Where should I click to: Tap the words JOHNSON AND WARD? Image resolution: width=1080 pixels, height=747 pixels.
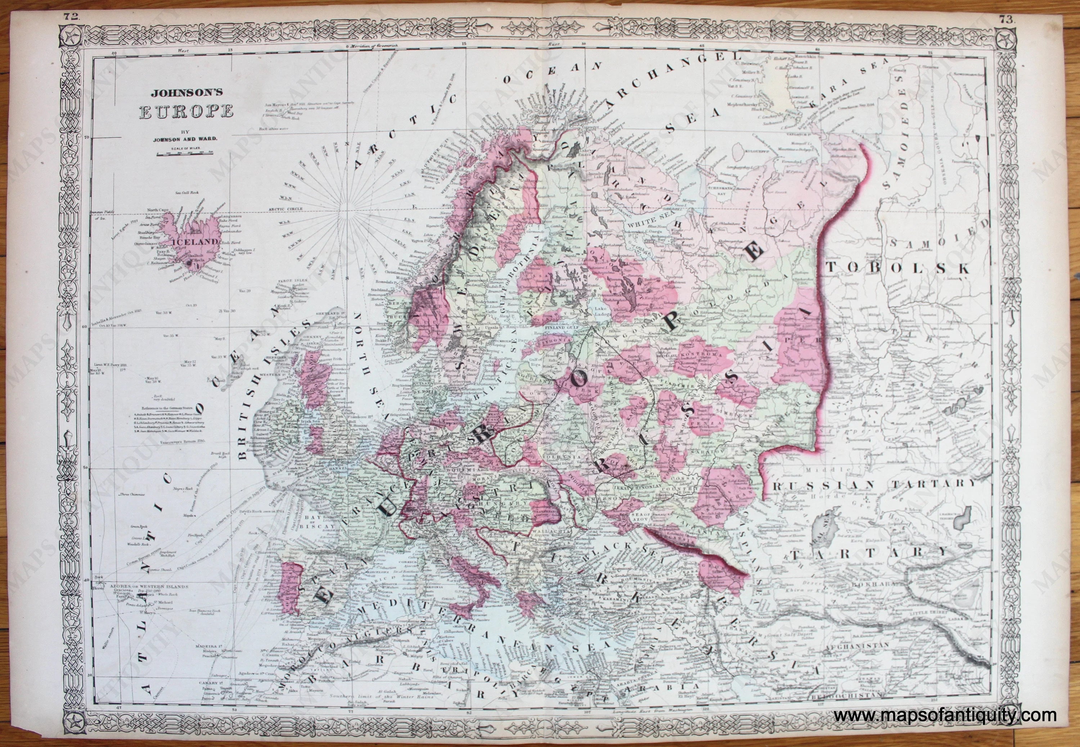coord(185,139)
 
